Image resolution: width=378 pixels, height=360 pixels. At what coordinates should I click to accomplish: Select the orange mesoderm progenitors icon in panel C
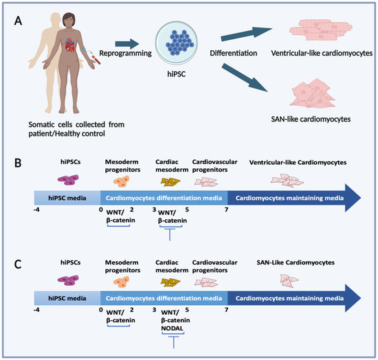click(120, 280)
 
